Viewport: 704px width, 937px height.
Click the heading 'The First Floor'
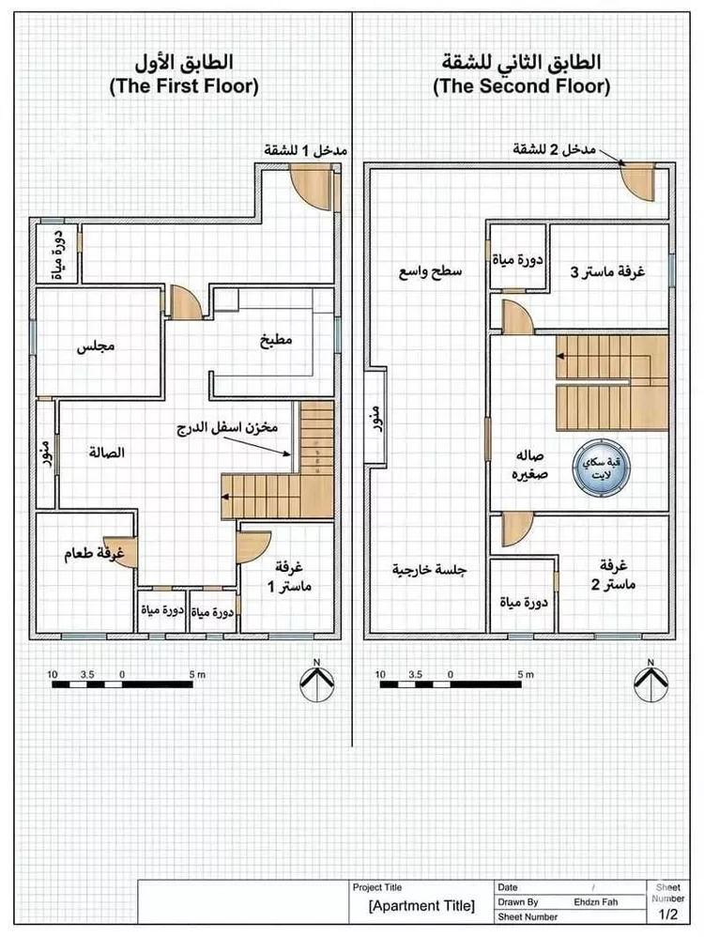[184, 86]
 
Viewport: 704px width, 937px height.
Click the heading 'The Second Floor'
[522, 86]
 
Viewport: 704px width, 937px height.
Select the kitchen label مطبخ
[276, 340]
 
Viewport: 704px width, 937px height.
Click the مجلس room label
[96, 346]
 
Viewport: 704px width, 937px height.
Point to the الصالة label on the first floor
[107, 453]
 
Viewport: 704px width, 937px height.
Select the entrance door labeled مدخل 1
[311, 187]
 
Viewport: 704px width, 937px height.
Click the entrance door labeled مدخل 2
[637, 181]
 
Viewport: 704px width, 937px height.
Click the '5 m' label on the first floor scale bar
[197, 674]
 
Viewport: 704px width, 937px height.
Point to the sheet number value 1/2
[668, 914]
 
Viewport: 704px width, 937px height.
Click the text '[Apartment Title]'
[421, 906]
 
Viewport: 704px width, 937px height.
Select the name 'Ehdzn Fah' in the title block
[596, 901]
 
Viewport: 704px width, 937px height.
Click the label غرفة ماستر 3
[607, 272]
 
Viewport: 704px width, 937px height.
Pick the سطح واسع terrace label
[430, 272]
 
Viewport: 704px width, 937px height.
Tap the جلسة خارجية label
[429, 570]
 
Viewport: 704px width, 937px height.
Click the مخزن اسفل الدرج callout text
[227, 427]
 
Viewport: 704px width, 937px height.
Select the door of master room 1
[253, 546]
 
